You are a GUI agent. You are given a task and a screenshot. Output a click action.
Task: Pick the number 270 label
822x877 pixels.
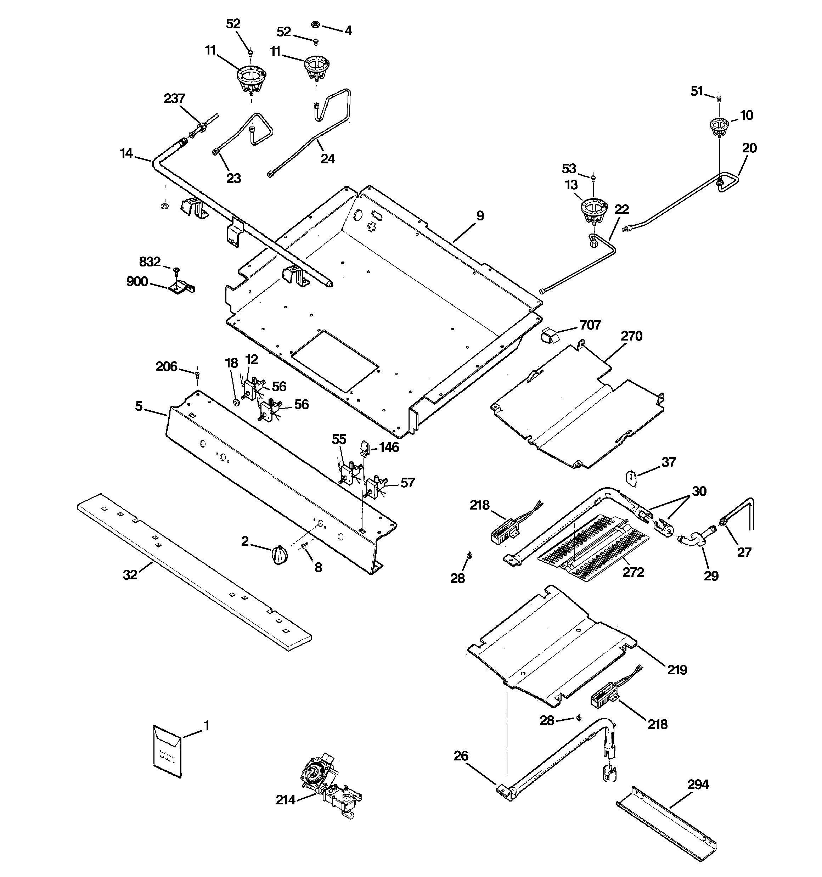pyautogui.click(x=631, y=336)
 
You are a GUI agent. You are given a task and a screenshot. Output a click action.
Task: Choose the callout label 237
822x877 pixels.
pyautogui.click(x=174, y=99)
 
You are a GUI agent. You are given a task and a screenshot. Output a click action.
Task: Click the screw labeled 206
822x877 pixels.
pyautogui.click(x=197, y=375)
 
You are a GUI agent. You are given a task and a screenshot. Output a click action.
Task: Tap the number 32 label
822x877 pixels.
pyautogui.click(x=130, y=574)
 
